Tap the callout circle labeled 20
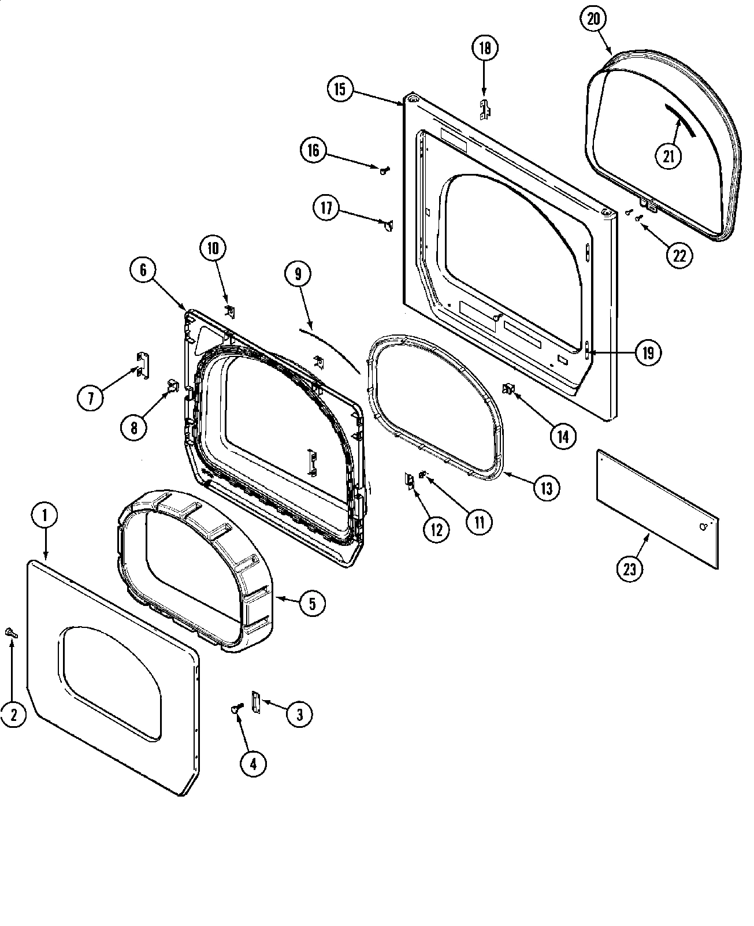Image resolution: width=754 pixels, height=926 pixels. pos(593,20)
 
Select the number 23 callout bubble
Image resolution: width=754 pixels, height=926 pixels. pos(629,570)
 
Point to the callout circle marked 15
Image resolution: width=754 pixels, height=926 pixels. pos(339,89)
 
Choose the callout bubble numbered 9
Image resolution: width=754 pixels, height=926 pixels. pos(298,274)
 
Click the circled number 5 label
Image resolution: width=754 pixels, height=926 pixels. pos(312,604)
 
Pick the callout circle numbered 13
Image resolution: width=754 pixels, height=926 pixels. pos(546,488)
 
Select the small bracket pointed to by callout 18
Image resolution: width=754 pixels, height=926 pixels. pos(485,109)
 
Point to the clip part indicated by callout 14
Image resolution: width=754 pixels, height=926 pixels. pos(509,390)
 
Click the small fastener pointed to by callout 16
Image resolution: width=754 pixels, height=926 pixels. pos(384,169)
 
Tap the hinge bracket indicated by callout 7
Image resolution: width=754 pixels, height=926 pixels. pos(142,366)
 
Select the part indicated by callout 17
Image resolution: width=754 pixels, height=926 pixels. pos(388,225)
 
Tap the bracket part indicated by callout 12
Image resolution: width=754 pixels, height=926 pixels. pos(410,481)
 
